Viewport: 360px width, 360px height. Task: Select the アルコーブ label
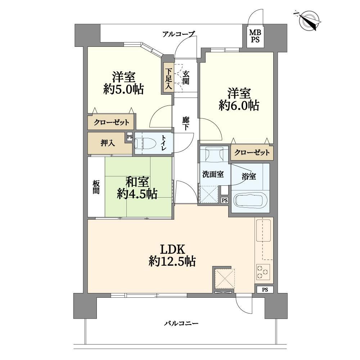click(179, 35)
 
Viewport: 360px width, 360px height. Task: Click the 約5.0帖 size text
click(123, 89)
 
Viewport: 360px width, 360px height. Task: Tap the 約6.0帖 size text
click(239, 105)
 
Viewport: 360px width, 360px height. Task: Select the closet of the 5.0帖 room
click(111, 122)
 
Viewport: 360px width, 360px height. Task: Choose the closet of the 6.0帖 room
click(252, 152)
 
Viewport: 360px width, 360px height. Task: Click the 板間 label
click(96, 187)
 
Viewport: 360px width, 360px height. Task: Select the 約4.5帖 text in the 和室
click(137, 194)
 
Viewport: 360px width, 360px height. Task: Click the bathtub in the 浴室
click(250, 199)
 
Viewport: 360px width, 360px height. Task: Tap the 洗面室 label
click(213, 174)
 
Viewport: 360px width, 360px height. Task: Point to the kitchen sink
click(264, 230)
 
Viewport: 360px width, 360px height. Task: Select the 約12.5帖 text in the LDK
click(172, 261)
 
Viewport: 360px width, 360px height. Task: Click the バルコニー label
click(181, 324)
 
